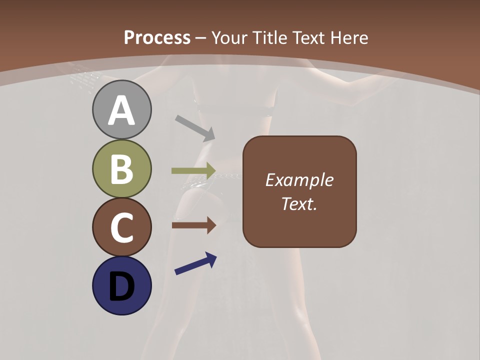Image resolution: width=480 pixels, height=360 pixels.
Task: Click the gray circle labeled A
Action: (121, 109)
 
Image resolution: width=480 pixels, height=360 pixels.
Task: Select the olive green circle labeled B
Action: (121, 168)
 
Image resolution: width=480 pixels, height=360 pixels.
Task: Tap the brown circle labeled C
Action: (121, 227)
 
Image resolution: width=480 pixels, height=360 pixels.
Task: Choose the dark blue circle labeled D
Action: (121, 285)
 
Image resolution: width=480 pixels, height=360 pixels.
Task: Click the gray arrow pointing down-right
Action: (195, 127)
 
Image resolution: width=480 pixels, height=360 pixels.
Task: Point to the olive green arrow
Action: (193, 171)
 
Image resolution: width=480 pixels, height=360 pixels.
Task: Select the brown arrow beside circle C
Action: (193, 225)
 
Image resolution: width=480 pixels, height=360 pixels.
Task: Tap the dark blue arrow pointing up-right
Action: (195, 263)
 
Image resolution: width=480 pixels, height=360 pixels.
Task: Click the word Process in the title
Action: (157, 37)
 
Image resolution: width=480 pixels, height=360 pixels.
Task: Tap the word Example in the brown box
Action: (299, 180)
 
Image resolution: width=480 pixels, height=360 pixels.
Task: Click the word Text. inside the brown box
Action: (299, 203)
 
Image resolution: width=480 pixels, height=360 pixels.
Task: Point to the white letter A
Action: (121, 110)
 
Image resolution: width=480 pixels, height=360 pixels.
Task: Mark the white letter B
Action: (121, 169)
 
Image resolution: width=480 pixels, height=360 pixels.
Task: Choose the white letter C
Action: (121, 227)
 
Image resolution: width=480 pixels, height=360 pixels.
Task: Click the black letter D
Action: (121, 286)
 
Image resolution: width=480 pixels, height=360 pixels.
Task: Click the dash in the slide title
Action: (201, 38)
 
